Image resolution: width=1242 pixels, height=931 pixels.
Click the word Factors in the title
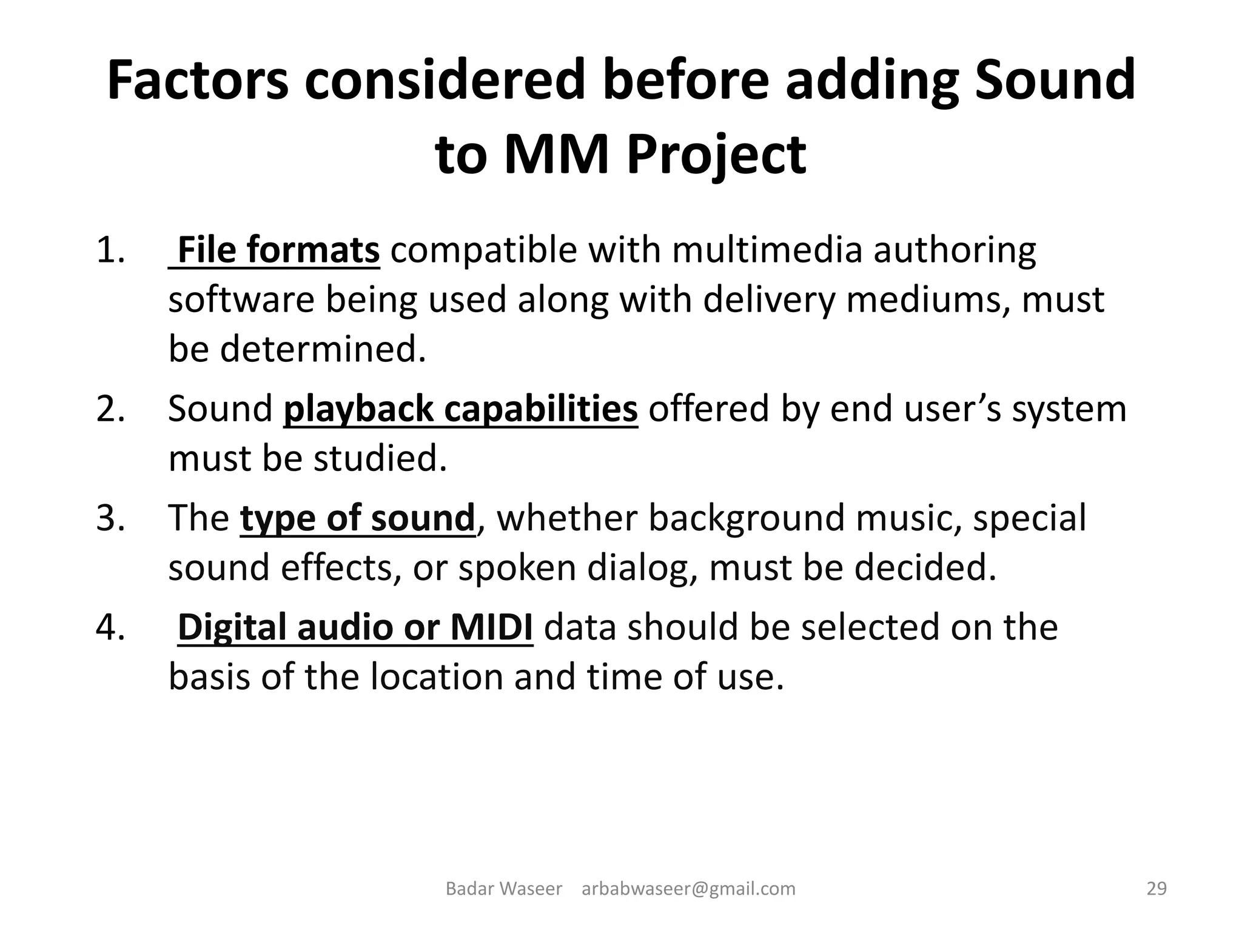(198, 81)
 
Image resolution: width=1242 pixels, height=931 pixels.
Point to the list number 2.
(110, 409)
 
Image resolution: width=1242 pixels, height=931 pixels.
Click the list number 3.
(110, 518)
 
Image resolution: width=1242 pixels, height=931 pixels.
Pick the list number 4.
(110, 627)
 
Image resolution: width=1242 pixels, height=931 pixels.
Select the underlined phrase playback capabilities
(460, 409)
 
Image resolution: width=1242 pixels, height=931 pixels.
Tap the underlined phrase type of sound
(357, 518)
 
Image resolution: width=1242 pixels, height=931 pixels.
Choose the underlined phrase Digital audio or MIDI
(355, 627)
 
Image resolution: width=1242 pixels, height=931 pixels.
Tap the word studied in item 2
(380, 458)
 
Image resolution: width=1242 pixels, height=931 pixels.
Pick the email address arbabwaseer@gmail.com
(688, 889)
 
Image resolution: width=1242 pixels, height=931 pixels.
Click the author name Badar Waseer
(504, 889)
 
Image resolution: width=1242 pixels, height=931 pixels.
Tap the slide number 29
(1156, 889)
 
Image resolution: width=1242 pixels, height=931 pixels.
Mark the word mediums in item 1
(928, 299)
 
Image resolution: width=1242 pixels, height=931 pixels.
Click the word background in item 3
(746, 518)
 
